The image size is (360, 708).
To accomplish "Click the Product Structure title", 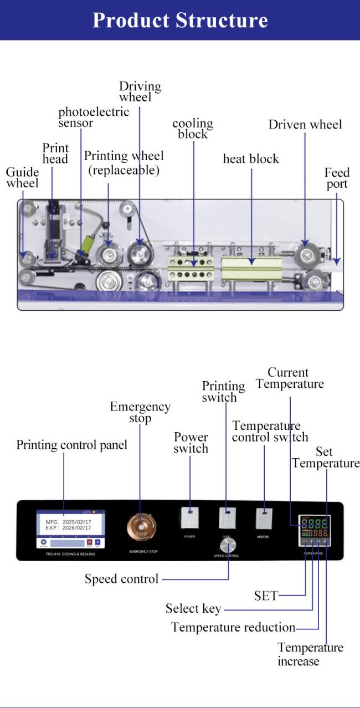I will pyautogui.click(x=180, y=20).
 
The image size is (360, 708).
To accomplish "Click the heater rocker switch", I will pyautogui.click(x=264, y=518).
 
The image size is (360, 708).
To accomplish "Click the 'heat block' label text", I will pyautogui.click(x=251, y=159).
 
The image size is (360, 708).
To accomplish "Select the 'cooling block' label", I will pyautogui.click(x=193, y=129).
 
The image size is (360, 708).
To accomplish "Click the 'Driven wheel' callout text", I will pyautogui.click(x=305, y=125).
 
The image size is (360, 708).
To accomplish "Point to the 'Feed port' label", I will pyautogui.click(x=337, y=178).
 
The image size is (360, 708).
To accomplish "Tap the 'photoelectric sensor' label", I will pyautogui.click(x=94, y=117).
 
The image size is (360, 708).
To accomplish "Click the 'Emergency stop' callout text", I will pyautogui.click(x=140, y=412).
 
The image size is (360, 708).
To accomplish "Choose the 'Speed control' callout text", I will pyautogui.click(x=121, y=579).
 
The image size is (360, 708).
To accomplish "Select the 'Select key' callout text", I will pyautogui.click(x=193, y=609).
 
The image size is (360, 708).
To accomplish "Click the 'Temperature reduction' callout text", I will pyautogui.click(x=233, y=628).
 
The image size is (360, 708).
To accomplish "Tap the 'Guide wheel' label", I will pyautogui.click(x=22, y=177).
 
